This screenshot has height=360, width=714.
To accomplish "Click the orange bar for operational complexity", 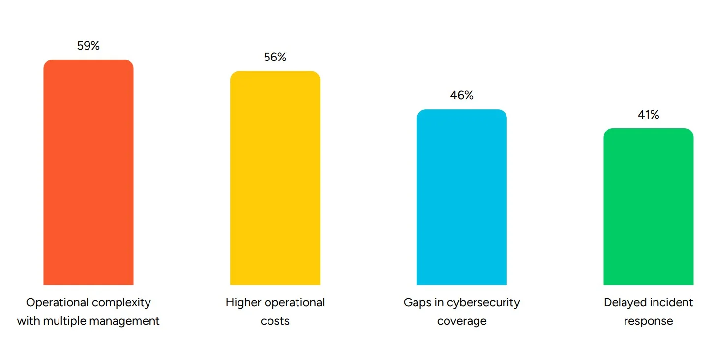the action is pos(89,172).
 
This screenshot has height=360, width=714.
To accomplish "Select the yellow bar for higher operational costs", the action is pos(275,178).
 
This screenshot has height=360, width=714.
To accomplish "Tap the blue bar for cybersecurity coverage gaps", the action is pos(462,197).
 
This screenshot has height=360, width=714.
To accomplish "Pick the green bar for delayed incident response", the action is pos(648,207).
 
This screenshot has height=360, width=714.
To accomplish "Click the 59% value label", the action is pos(89,46).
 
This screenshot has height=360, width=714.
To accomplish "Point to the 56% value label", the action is pos(275,57).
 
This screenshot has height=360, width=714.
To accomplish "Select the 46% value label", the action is pos(462,95).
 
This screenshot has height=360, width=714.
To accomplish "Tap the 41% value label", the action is pos(648,115).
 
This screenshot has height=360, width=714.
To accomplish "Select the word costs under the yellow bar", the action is pos(275,321).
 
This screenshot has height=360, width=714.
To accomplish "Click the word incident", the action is pos(671,302).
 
